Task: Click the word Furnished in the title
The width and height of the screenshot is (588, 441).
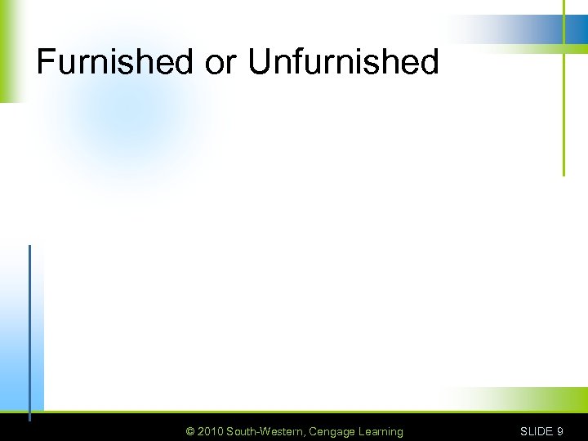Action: click(114, 62)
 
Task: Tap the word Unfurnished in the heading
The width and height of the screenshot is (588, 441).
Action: click(343, 62)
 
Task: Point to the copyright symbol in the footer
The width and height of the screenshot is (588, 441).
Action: click(190, 431)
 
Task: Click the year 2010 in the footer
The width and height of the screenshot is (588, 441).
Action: click(210, 431)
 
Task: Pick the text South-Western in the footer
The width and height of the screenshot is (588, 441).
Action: click(265, 431)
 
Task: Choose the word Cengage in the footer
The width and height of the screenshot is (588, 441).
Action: click(331, 431)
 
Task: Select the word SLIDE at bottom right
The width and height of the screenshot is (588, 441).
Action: click(537, 431)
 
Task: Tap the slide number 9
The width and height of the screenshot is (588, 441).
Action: click(559, 431)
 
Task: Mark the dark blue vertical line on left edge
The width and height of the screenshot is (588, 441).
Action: click(29, 327)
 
